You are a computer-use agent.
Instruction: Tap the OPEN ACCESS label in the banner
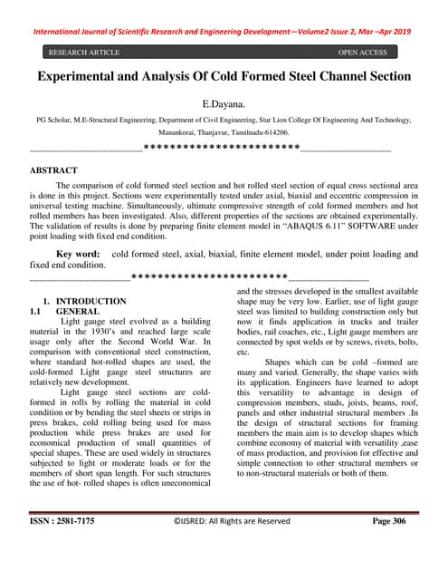tap(362, 53)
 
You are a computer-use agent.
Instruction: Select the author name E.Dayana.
tap(224, 105)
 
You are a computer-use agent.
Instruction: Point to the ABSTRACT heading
tap(53, 169)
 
